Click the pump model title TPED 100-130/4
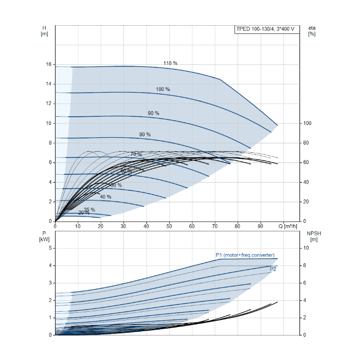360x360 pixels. click(x=265, y=29)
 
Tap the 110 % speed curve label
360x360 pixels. click(x=170, y=63)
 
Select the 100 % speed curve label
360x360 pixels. click(x=163, y=89)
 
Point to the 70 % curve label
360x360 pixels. click(x=136, y=154)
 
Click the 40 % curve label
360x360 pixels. click(x=105, y=197)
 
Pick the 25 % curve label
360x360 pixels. click(x=89, y=210)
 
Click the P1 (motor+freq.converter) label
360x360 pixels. click(x=245, y=255)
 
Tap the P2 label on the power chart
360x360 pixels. click(x=273, y=269)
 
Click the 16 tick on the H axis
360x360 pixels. click(x=49, y=65)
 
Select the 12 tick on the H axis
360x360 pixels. click(x=49, y=104)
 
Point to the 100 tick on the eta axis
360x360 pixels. click(x=308, y=123)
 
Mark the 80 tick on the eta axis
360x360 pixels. click(x=307, y=143)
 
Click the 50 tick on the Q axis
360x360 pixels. click(x=169, y=226)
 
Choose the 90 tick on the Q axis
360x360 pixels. click(x=261, y=226)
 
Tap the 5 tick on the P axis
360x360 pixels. click(x=50, y=248)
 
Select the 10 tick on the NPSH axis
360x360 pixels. click(x=307, y=248)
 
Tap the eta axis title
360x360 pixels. click(x=312, y=30)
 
